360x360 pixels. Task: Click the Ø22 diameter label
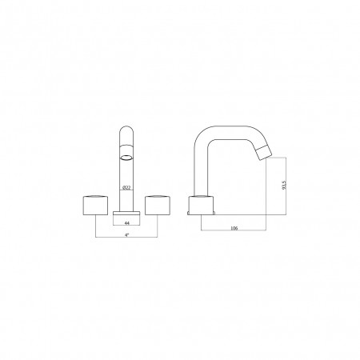tap(126, 188)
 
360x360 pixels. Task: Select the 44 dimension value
tap(127, 223)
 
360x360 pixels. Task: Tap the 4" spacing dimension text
tap(126, 235)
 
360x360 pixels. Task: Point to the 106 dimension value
tap(234, 228)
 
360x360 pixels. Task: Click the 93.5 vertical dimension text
tap(284, 185)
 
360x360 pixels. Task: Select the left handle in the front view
tap(95, 206)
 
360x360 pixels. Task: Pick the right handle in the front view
tap(158, 206)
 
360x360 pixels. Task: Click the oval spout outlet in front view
tap(126, 158)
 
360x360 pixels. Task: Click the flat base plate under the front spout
tap(126, 213)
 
